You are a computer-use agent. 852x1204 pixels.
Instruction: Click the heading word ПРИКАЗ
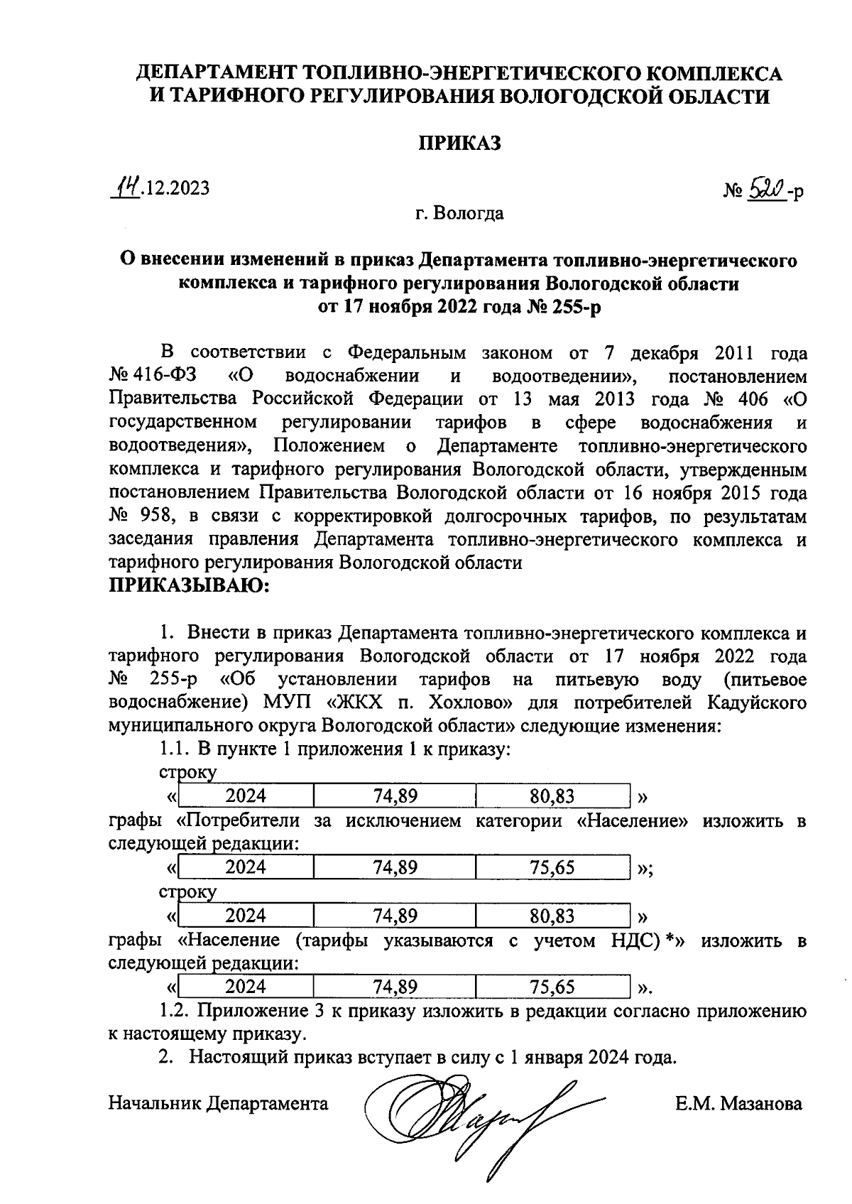(x=459, y=143)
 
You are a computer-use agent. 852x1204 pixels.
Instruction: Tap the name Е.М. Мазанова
(x=738, y=1103)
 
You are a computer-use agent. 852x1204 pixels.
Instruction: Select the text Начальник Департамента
(x=218, y=1103)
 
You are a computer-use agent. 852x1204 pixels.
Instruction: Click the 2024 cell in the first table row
(x=246, y=796)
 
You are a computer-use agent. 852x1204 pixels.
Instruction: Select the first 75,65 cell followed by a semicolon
(x=552, y=867)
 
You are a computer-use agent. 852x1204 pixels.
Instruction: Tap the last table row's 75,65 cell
(x=552, y=987)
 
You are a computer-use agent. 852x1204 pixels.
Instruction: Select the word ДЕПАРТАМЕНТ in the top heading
(x=217, y=73)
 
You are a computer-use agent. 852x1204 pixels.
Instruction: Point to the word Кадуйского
(x=756, y=703)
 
